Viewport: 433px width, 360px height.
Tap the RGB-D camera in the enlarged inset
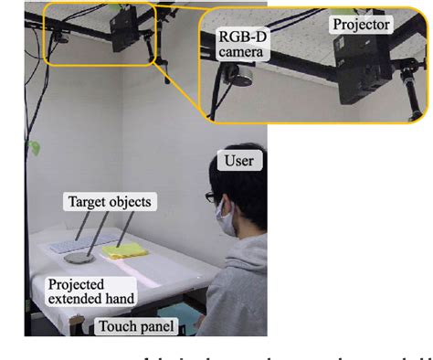[243, 80]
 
